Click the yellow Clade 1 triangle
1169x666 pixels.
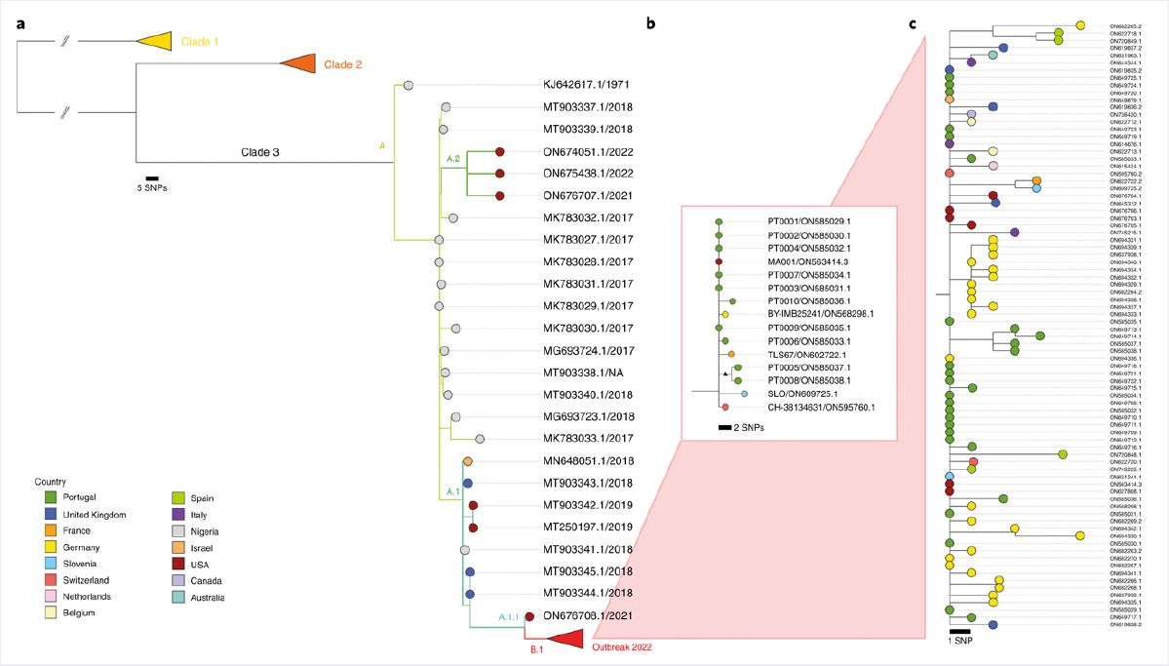(x=156, y=40)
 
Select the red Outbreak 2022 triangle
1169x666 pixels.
(x=566, y=638)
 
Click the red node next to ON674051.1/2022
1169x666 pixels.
(x=500, y=152)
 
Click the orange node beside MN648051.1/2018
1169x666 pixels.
(x=468, y=460)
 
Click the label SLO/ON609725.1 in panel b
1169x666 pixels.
(x=804, y=394)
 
